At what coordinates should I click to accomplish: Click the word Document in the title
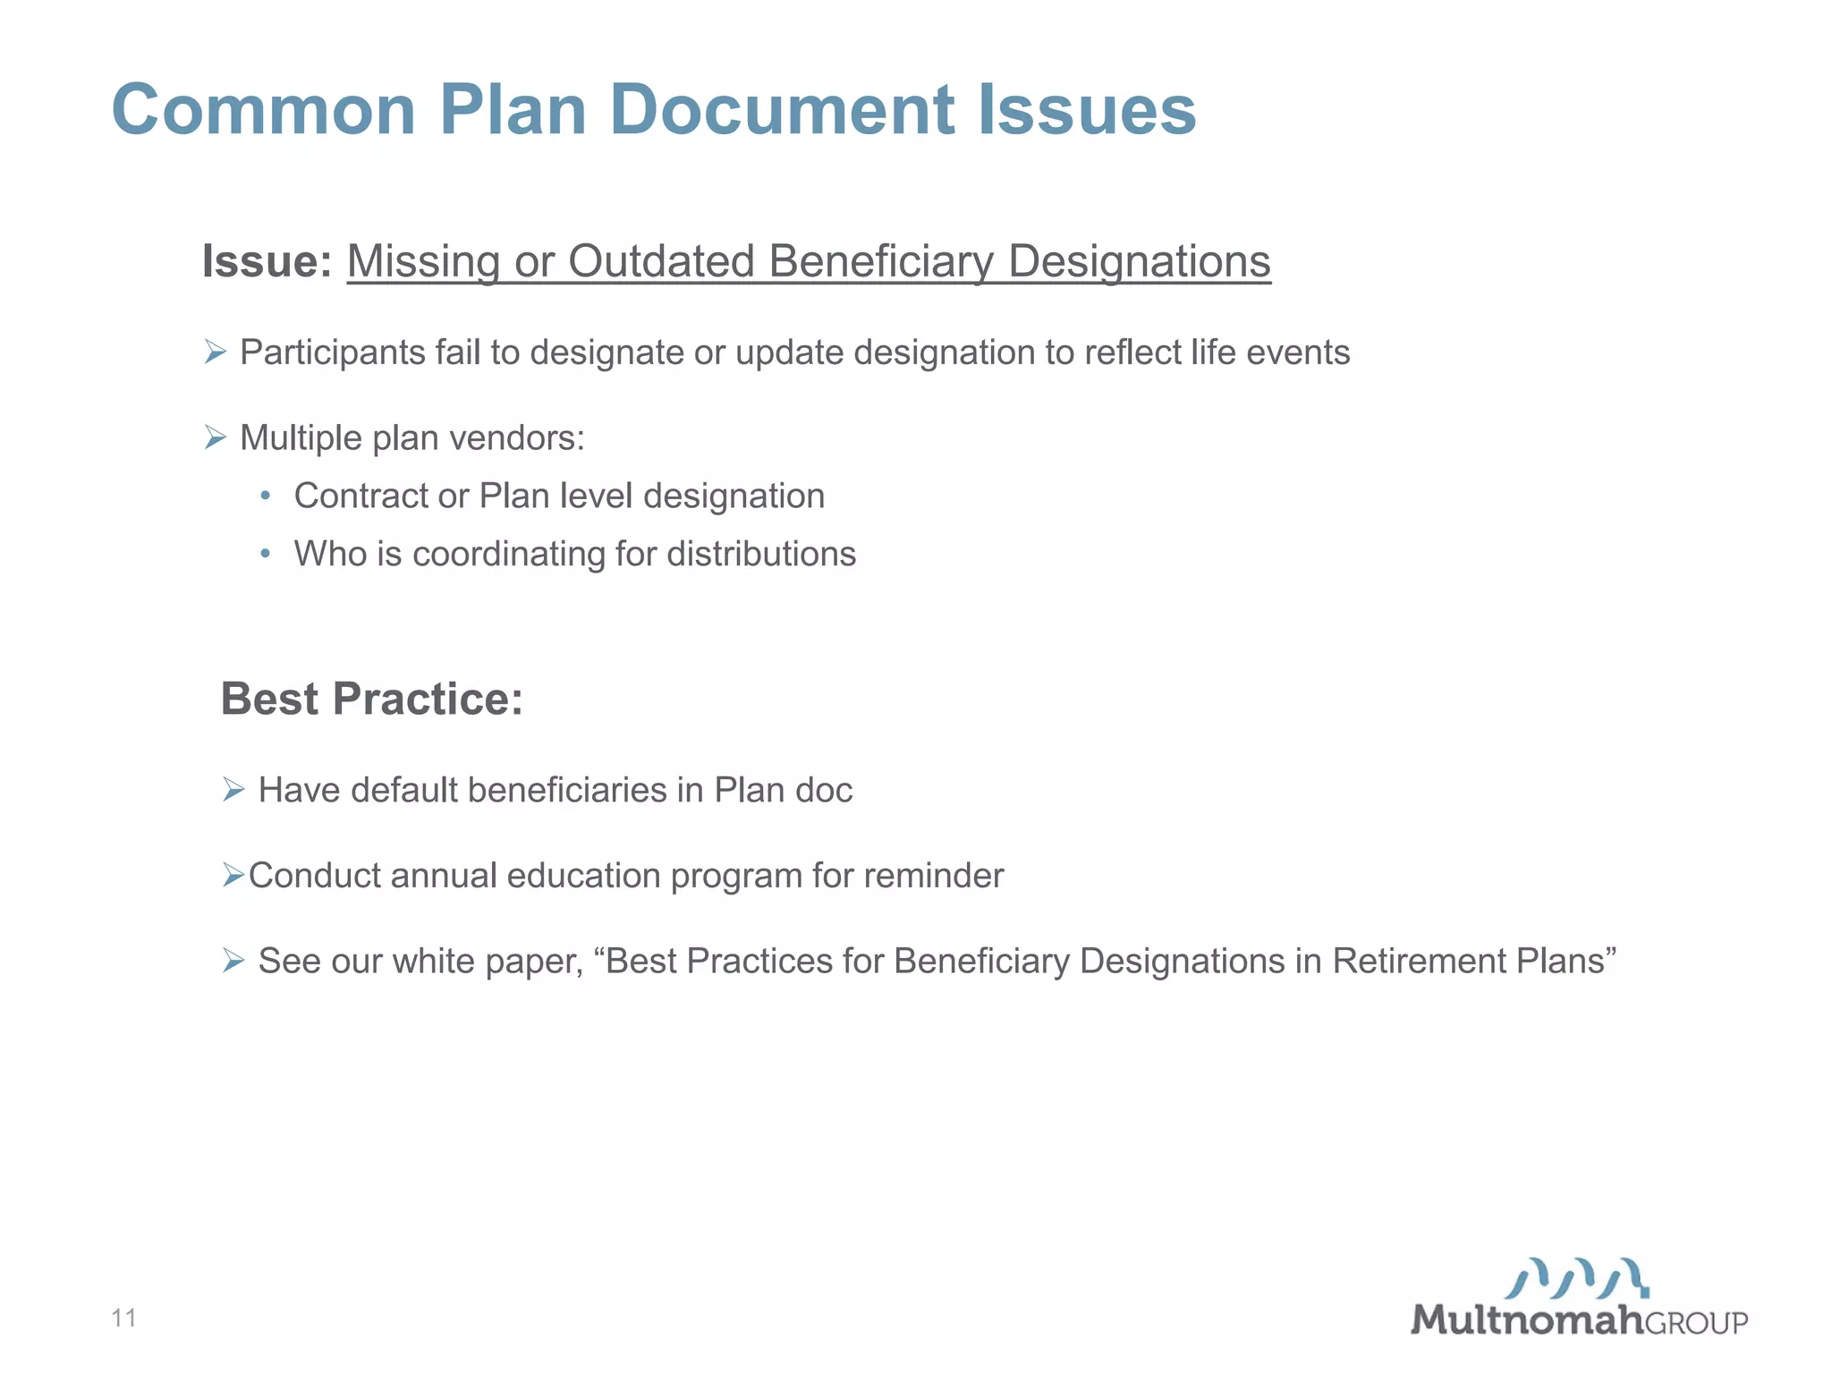[x=783, y=109]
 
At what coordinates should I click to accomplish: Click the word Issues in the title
[x=1086, y=109]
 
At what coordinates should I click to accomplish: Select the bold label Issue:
[x=267, y=261]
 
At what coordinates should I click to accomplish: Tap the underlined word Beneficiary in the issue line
[x=880, y=261]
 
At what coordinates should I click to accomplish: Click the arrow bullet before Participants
[x=215, y=352]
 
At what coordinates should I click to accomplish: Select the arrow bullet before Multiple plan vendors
[x=215, y=437]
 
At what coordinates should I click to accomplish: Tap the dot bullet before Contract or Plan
[x=265, y=496]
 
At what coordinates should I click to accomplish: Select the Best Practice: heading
[x=371, y=699]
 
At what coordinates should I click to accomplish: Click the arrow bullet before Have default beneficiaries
[x=233, y=790]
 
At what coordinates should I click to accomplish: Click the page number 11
[x=123, y=1318]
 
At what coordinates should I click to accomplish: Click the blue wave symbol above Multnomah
[x=1577, y=1278]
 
